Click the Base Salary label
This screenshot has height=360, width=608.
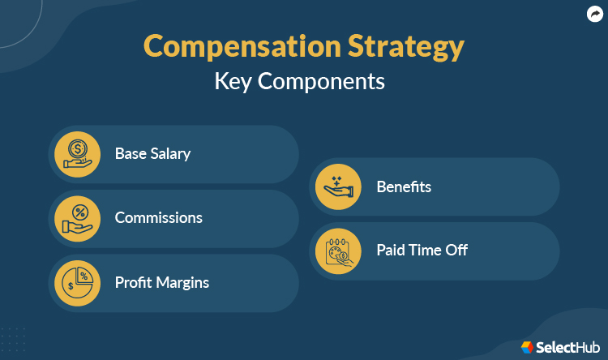coord(152,153)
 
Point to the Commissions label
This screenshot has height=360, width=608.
coord(159,217)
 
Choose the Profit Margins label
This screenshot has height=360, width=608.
coord(162,282)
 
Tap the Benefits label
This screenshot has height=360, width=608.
coord(404,186)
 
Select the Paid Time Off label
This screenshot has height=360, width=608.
coord(422,250)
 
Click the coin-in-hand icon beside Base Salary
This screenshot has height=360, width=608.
coord(78,153)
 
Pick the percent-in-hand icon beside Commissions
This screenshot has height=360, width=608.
coord(78,217)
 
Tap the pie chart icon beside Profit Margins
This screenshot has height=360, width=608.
coord(78,282)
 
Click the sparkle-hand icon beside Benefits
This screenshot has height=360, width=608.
coord(339,186)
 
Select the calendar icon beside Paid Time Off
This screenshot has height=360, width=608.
coord(339,250)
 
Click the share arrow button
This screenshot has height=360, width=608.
coord(594,14)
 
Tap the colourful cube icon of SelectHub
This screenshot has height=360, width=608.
coord(527,347)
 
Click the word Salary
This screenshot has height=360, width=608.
coord(169,153)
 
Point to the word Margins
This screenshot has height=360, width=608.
coord(183,282)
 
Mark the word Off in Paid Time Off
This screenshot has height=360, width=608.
coord(456,250)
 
